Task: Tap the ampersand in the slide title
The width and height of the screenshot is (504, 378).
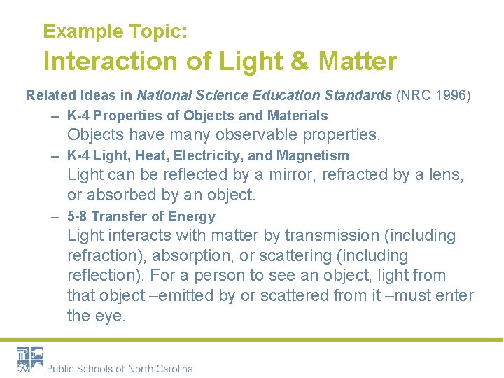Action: [x=299, y=62]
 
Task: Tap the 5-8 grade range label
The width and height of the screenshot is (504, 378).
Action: [x=78, y=217]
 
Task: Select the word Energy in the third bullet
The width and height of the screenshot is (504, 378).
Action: [x=194, y=217]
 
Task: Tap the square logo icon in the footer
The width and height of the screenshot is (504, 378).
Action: [x=30, y=359]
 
